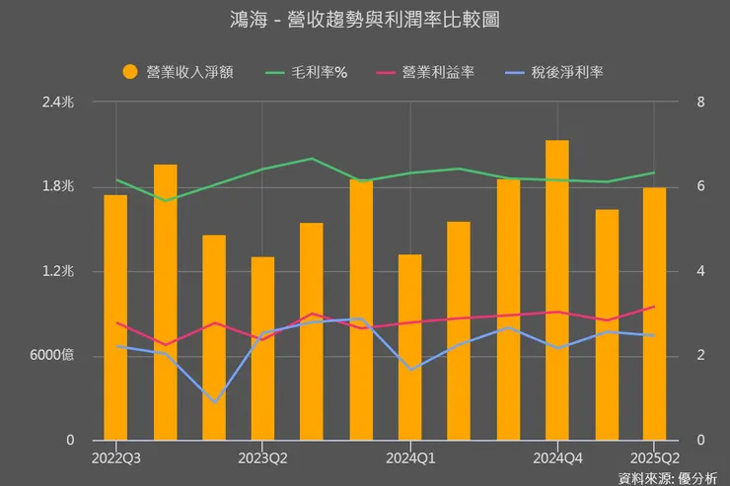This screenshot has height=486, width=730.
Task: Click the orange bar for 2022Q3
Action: click(x=115, y=315)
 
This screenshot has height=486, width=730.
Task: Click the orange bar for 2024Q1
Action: click(x=409, y=346)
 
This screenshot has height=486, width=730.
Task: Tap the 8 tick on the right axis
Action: click(x=699, y=103)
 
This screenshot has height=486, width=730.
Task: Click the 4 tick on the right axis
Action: click(x=699, y=271)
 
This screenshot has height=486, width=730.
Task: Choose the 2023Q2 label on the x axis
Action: click(x=262, y=457)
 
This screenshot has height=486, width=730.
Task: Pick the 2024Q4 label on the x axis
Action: click(x=556, y=457)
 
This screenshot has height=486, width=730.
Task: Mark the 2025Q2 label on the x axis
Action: click(x=654, y=457)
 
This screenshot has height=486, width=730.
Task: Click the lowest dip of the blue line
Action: click(x=214, y=401)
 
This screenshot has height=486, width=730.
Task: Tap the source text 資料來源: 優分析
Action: click(x=668, y=478)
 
